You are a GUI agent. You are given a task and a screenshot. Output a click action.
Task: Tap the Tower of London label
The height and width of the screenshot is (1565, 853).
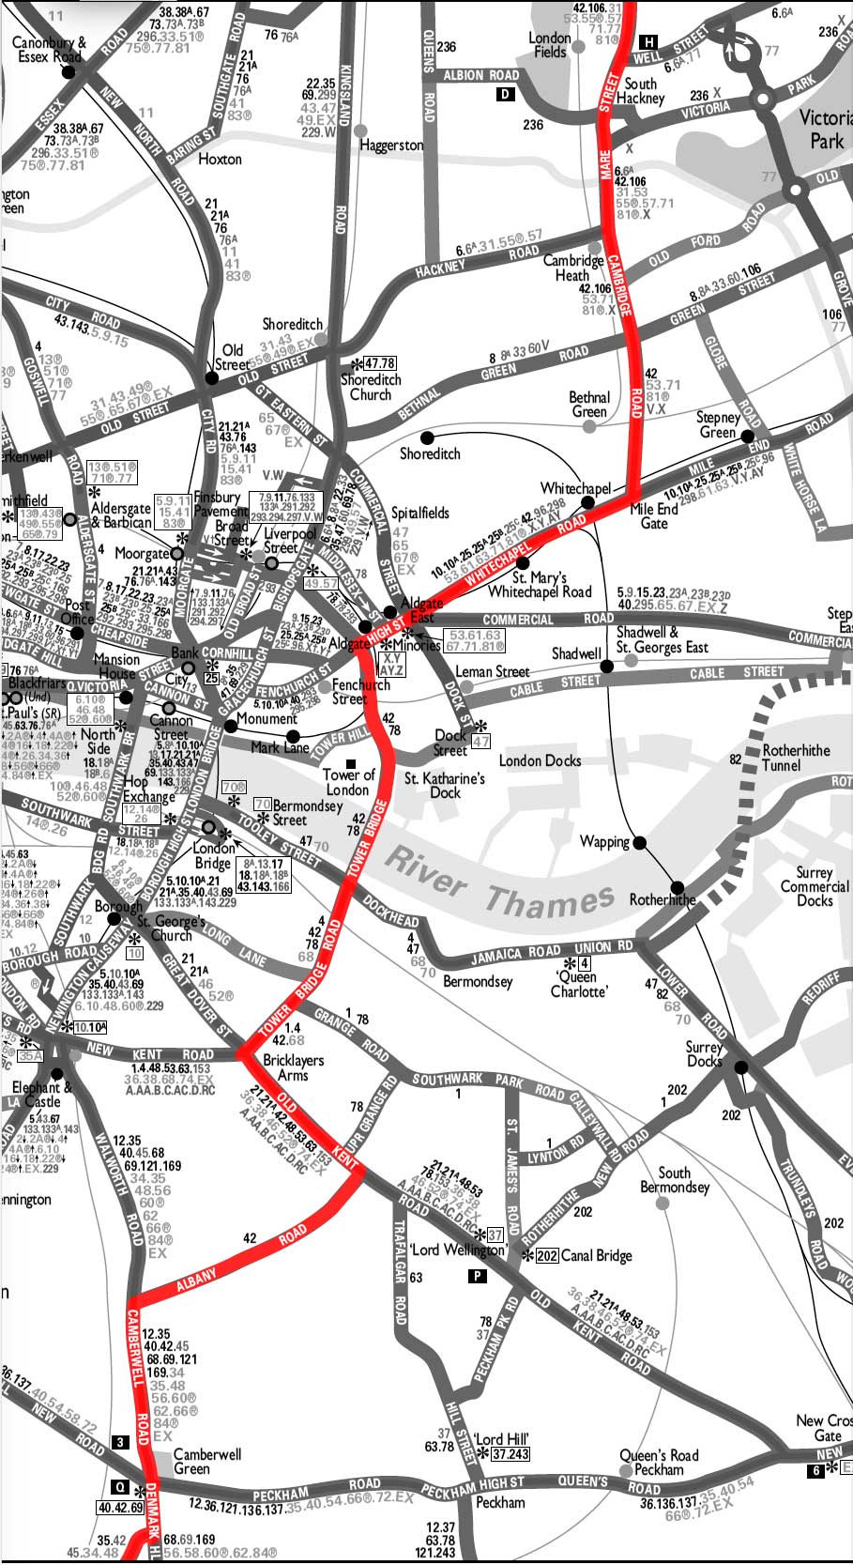348,782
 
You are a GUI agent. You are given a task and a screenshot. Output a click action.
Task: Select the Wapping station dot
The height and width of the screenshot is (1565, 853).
640,843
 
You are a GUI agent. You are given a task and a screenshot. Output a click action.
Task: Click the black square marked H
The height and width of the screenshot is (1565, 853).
648,41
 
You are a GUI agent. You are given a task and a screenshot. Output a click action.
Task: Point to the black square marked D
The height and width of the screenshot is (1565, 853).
506,94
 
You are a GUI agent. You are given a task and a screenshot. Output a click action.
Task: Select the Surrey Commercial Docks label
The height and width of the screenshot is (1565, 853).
814,885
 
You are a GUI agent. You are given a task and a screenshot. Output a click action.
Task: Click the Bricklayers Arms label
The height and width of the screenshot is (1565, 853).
293,1067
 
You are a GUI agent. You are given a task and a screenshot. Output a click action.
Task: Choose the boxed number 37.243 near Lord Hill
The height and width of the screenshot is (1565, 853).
510,1454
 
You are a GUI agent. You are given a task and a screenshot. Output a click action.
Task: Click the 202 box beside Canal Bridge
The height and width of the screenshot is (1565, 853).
547,1256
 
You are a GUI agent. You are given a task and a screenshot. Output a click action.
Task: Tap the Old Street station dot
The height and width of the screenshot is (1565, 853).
212,378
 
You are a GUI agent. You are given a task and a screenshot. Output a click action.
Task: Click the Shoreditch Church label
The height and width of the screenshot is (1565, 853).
371,387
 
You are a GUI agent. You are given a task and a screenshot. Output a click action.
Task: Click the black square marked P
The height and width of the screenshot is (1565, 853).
478,1276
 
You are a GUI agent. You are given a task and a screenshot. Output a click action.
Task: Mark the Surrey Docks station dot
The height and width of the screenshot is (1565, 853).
741,1067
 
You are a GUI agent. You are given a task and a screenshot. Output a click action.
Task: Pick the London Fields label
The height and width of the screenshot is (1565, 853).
550,45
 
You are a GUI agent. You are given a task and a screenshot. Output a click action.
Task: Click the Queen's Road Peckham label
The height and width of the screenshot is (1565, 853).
659,1462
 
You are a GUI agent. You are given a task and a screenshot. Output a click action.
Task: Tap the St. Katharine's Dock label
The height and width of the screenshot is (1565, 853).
445,785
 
